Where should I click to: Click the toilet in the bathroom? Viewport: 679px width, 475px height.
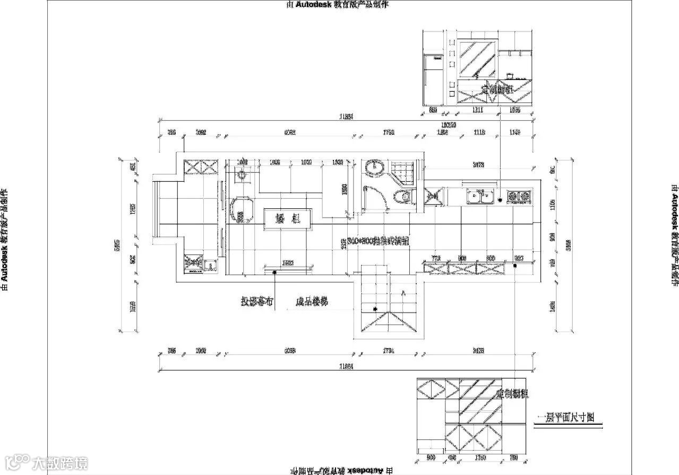coord(403,197)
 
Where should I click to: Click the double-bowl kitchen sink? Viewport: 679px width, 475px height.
coord(480,197)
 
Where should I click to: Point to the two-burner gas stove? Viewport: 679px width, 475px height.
coord(518,197)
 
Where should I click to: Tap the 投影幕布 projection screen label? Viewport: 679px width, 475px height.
coord(257,302)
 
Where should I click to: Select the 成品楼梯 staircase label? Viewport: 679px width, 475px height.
coord(312,302)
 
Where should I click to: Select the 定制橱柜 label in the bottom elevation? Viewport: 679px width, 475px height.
coord(513,394)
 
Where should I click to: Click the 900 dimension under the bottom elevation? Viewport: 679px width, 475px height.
coord(431,457)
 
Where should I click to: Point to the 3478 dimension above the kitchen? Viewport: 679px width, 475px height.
coord(478,165)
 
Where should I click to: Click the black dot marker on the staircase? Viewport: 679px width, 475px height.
coord(375,309)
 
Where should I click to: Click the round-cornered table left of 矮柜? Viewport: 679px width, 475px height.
coord(242,210)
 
